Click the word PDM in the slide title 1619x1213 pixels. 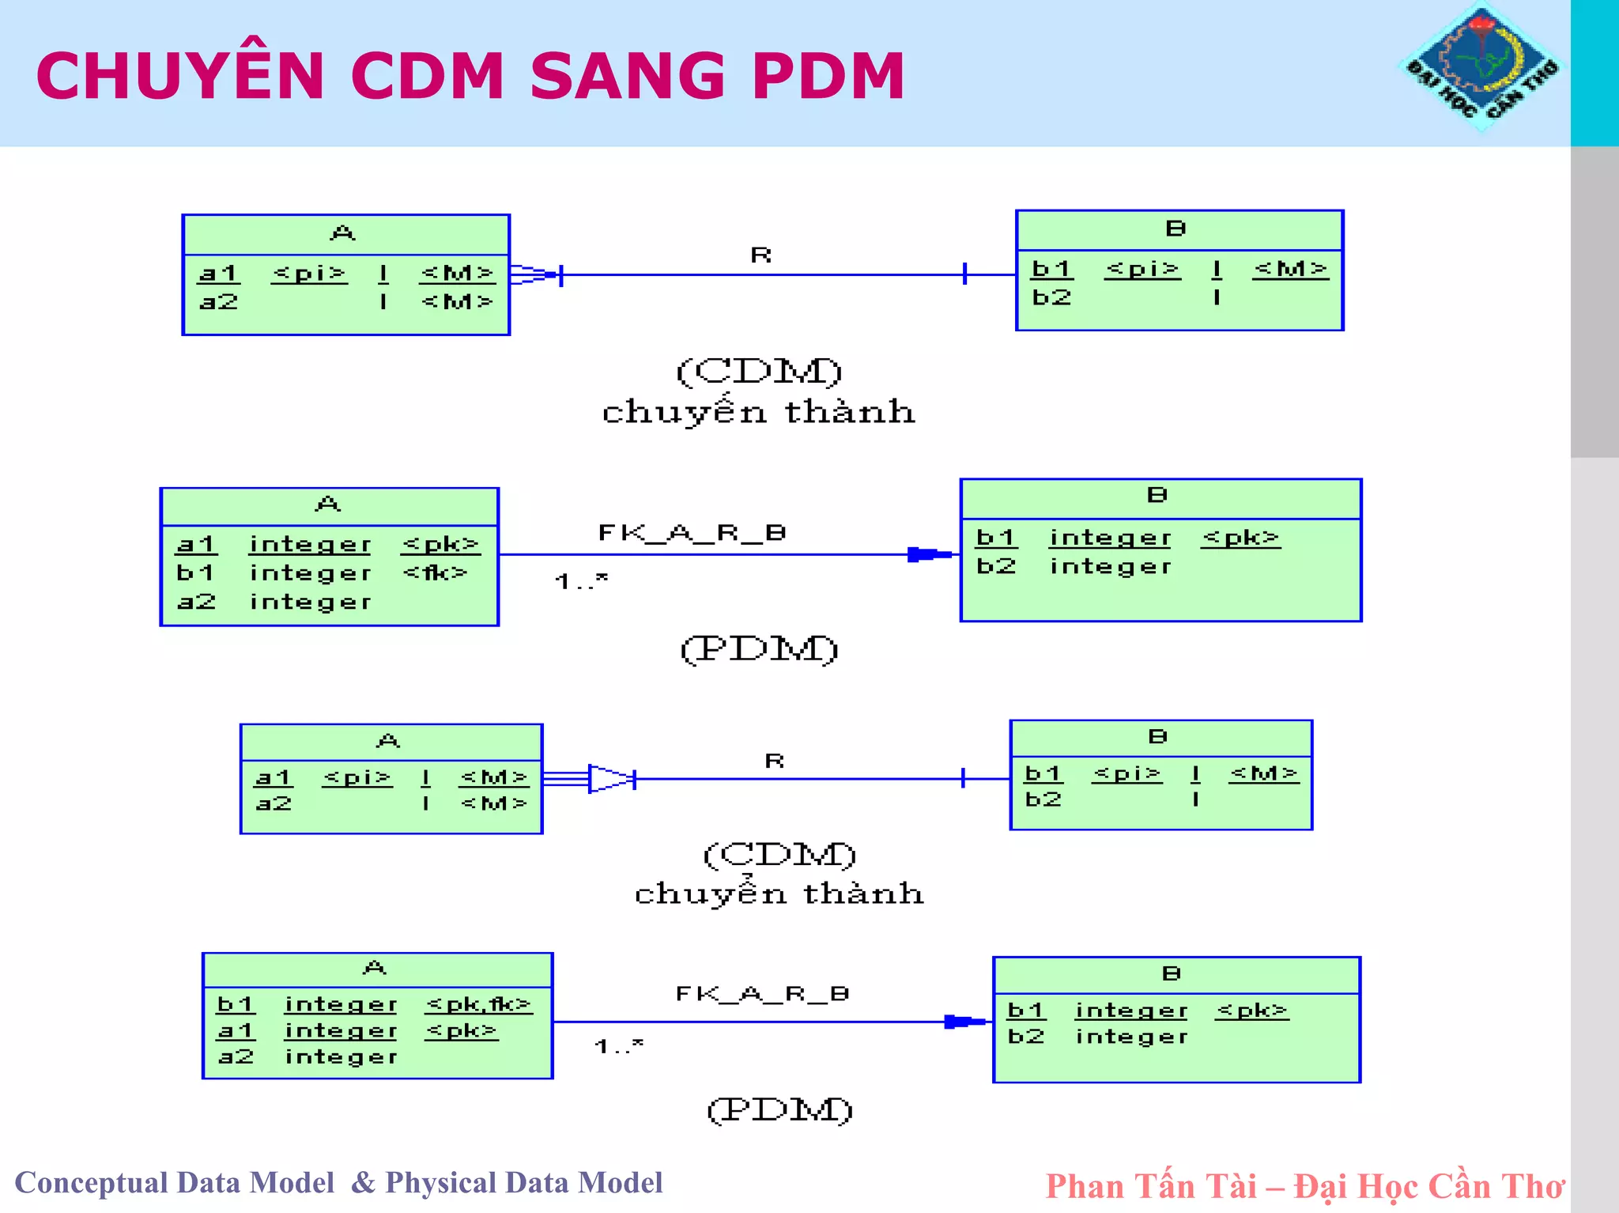point(828,76)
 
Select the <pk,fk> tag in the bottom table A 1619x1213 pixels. point(478,1004)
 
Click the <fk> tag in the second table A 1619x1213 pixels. point(436,572)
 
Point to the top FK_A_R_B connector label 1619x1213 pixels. point(692,532)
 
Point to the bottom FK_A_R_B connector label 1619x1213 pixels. point(762,993)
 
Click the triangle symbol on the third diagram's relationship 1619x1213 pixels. point(610,779)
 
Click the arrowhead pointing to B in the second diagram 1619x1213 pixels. point(929,554)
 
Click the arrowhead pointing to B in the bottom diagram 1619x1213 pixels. point(964,1022)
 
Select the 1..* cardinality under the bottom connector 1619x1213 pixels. point(619,1046)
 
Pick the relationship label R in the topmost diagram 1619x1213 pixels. point(760,255)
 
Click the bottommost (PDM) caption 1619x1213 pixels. point(779,1109)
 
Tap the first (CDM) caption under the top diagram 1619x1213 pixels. point(759,371)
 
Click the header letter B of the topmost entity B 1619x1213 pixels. point(1176,229)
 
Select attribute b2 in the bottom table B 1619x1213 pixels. point(1026,1036)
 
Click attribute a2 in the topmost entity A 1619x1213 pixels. point(219,302)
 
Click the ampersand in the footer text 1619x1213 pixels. point(363,1182)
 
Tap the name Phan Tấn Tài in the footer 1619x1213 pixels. point(1150,1186)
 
